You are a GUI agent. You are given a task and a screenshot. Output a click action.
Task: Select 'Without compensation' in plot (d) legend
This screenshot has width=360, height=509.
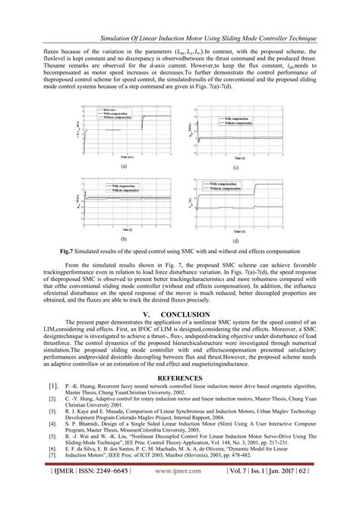(x=239, y=191)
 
